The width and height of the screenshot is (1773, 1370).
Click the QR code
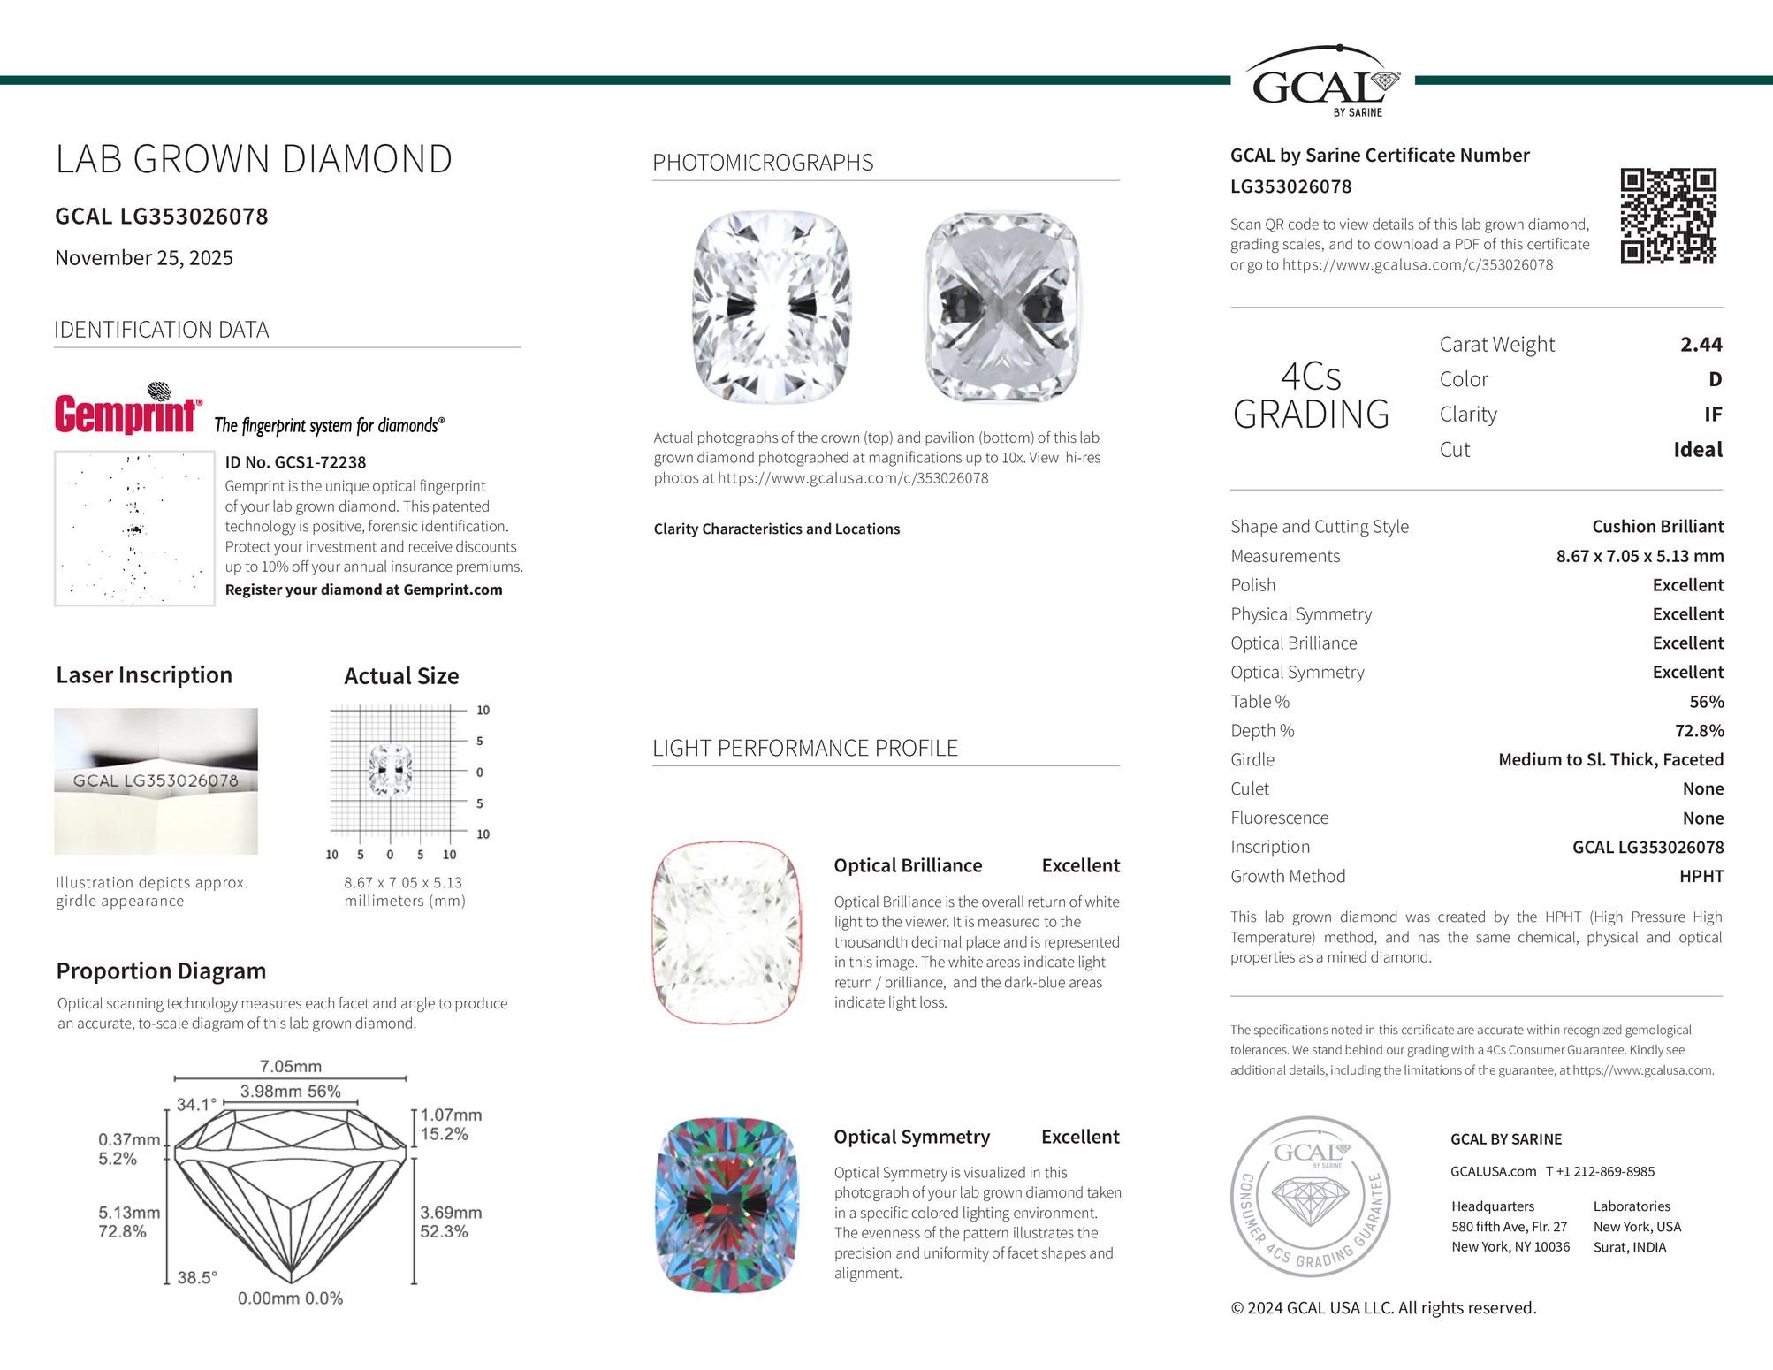click(1668, 216)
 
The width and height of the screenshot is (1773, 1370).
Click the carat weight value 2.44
click(1701, 344)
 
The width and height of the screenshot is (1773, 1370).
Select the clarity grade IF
click(1712, 414)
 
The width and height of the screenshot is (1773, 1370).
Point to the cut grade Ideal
click(1697, 449)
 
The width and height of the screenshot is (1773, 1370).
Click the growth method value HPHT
click(1701, 876)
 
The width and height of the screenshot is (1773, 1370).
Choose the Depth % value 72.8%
click(1699, 730)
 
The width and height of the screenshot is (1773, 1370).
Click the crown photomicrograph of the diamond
click(772, 307)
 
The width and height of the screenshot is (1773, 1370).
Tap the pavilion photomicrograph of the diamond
click(1001, 307)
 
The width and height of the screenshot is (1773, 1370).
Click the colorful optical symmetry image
click(727, 1205)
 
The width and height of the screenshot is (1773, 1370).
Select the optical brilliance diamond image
click(727, 932)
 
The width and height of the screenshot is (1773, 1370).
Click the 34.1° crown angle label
click(196, 1104)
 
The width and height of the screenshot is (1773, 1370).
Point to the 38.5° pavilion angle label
click(197, 1277)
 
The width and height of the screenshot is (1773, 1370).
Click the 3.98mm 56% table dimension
click(290, 1091)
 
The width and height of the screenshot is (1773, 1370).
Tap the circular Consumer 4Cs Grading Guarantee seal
click(1310, 1196)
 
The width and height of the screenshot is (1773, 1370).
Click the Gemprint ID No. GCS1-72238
click(295, 462)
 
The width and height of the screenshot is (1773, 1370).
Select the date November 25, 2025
click(144, 258)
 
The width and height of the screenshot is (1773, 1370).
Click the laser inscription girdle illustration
click(156, 780)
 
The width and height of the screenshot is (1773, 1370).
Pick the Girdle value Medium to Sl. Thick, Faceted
click(1610, 759)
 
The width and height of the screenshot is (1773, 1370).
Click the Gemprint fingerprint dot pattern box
click(134, 529)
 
